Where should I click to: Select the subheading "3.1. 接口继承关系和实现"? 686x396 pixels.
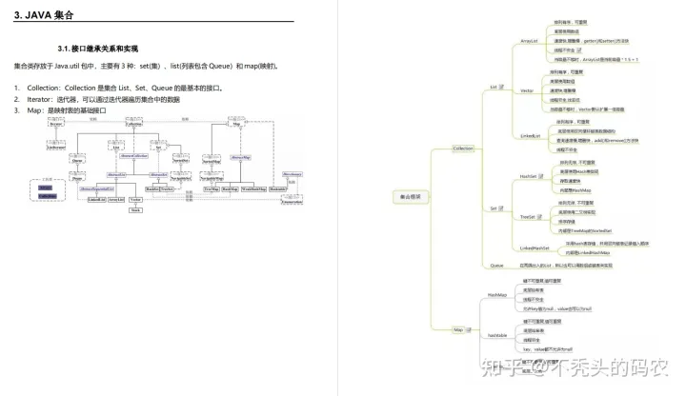point(97,49)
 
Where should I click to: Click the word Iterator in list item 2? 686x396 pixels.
point(40,99)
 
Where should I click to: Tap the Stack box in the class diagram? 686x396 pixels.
point(135,209)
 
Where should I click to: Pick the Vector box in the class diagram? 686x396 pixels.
point(136,200)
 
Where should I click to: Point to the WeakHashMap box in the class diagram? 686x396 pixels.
point(254,189)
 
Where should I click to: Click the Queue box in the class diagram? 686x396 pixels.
point(77,161)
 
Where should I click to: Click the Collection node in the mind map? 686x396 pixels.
point(462,149)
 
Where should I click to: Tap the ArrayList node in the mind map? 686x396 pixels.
point(531,41)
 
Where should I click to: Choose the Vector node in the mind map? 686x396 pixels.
point(526,90)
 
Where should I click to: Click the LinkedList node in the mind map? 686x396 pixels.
point(530,136)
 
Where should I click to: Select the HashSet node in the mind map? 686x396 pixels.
point(528,176)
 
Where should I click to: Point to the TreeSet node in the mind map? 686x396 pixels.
point(527,217)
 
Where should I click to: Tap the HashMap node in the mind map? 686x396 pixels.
point(496,295)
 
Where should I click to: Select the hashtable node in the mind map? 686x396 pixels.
point(497,336)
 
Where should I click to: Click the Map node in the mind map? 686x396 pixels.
point(458,329)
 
